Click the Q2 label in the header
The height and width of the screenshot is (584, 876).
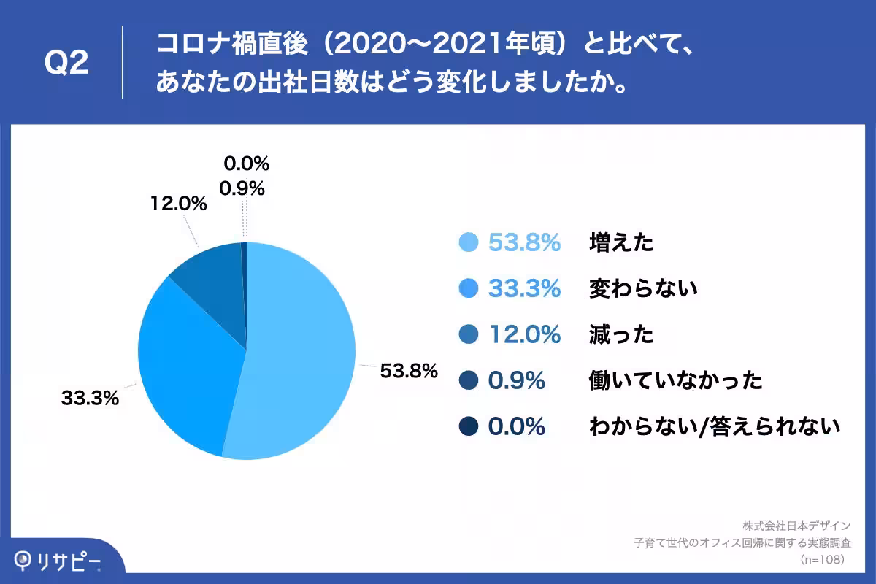[66, 64]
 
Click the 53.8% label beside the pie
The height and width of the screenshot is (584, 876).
[409, 371]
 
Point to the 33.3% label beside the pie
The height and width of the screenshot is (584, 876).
[90, 399]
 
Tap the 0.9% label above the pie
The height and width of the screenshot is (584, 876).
[242, 188]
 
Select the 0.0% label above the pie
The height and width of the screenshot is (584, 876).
[246, 163]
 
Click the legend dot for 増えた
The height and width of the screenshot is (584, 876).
[467, 242]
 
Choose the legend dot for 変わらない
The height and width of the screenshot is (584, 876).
[467, 288]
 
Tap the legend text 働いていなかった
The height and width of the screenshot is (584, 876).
[675, 380]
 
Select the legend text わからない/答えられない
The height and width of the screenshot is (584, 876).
[715, 426]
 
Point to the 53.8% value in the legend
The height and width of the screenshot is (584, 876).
[524, 242]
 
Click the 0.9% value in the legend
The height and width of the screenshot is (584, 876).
[516, 380]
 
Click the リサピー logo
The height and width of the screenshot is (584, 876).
[58, 561]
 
